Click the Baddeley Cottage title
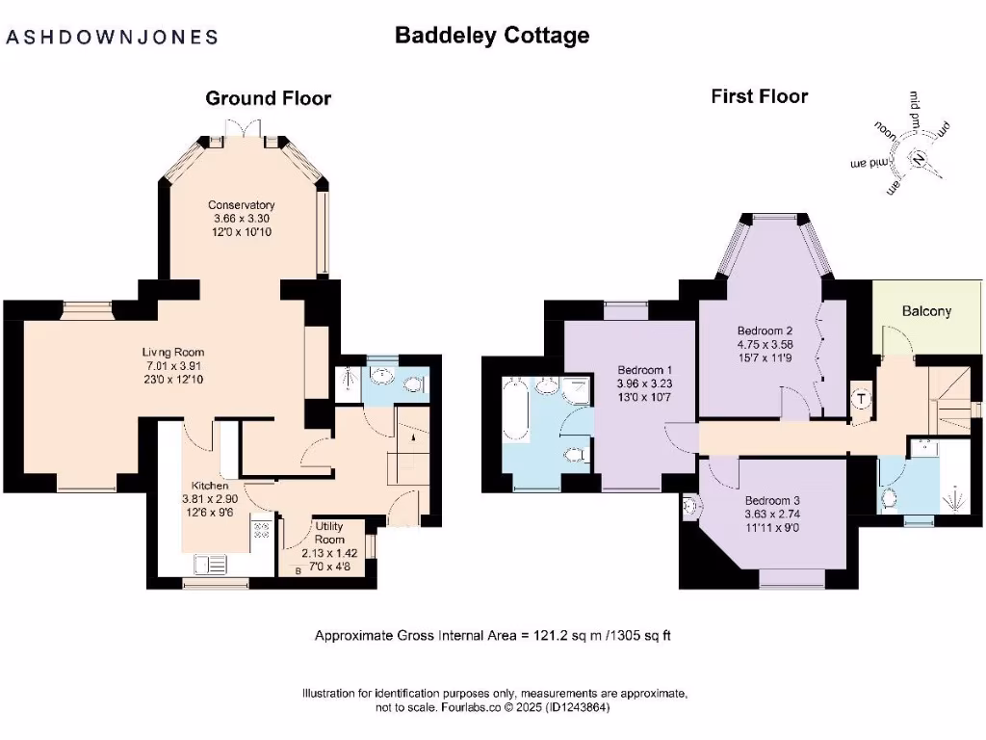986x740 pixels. click(492, 36)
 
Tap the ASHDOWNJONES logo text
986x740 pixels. click(113, 38)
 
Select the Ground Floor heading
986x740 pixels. click(268, 98)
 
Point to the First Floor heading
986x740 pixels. click(759, 96)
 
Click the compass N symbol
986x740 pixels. click(921, 159)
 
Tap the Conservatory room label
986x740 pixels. click(244, 205)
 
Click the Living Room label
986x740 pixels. click(174, 352)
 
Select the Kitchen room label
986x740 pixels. click(210, 486)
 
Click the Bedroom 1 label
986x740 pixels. click(644, 370)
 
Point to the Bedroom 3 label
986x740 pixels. click(771, 501)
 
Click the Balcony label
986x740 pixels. click(926, 311)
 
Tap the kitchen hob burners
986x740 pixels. click(260, 529)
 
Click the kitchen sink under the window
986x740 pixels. click(209, 564)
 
